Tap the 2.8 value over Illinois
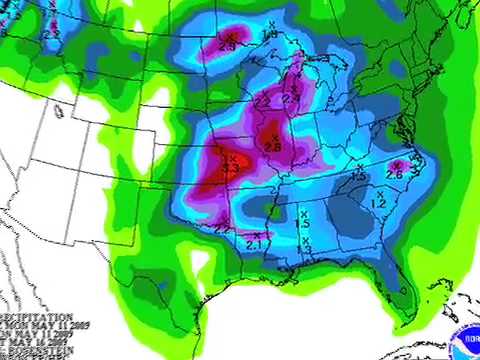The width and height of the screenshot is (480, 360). [272, 146]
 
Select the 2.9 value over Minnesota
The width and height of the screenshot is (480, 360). [227, 46]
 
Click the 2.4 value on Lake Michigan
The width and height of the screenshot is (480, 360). [291, 98]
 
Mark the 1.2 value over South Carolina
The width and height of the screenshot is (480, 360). [378, 204]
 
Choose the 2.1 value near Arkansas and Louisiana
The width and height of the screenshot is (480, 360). [253, 244]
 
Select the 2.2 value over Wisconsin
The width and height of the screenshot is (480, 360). [263, 101]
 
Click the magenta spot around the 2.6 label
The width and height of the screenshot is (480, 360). [397, 164]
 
